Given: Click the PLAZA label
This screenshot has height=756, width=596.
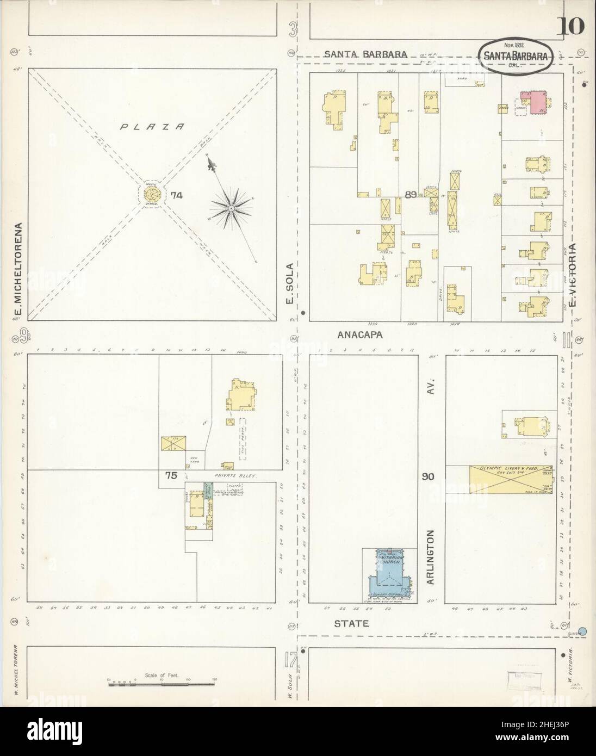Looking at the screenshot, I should point(152,127).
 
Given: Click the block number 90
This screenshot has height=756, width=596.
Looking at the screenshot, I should point(429,477).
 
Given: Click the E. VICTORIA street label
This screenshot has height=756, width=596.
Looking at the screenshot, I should point(572,278).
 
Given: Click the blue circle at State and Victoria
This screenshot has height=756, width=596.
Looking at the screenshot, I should point(583,631).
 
